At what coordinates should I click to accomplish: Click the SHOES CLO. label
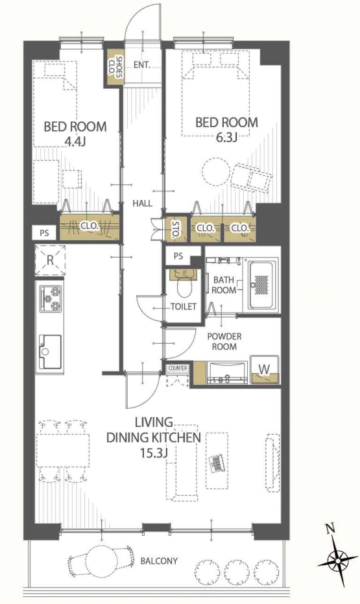pos(114,67)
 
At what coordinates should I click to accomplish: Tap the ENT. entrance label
pos(141,65)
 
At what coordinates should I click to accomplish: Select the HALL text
pos(143,203)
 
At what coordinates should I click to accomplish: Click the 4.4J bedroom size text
pos(75,141)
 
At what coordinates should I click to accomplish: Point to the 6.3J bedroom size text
pos(226,137)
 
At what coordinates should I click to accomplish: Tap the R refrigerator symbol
pos(50,260)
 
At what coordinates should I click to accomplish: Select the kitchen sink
pos(50,352)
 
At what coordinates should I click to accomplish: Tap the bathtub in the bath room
pos(262,285)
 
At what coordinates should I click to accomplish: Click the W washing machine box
pos(265,369)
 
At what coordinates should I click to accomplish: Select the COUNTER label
pos(178,368)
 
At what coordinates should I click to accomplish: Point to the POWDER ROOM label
pos(224,341)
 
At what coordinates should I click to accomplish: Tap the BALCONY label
pos(159,561)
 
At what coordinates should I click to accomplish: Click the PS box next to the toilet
pos(178,256)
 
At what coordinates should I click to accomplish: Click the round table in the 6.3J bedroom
pos(215,172)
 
